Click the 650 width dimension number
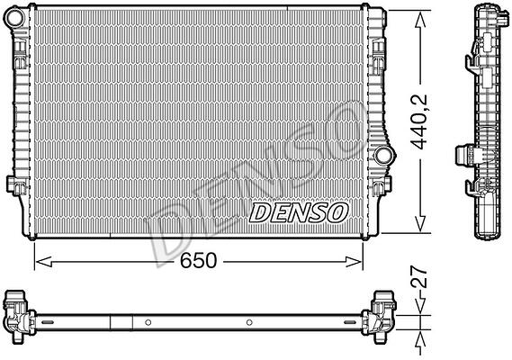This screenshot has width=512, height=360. [x=199, y=260]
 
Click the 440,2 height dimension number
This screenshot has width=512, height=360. [x=419, y=121]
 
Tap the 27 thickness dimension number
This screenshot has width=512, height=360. [x=419, y=276]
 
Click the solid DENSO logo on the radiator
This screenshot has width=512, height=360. [x=299, y=212]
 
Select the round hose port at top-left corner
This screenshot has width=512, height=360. [x=15, y=18]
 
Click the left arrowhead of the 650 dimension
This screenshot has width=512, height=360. [x=43, y=262]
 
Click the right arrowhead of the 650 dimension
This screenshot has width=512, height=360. [x=354, y=262]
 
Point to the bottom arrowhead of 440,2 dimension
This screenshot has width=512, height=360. [x=420, y=224]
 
